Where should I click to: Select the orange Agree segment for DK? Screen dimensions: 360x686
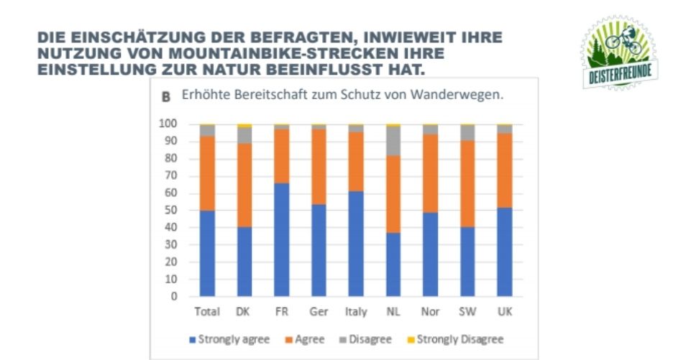point(244,185)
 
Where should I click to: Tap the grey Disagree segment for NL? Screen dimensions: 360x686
point(393,141)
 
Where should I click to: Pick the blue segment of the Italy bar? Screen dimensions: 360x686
point(356,244)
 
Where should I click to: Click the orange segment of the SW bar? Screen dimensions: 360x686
point(467,184)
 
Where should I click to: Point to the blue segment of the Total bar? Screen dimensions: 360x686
point(207,253)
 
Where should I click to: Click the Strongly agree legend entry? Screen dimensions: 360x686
point(228,339)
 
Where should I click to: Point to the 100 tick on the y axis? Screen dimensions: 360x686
point(168,124)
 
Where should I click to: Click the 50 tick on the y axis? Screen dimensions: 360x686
point(170,210)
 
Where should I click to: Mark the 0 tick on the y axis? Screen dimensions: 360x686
point(173,296)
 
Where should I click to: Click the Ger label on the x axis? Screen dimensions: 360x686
point(319,312)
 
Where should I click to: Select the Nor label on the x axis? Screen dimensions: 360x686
point(430,312)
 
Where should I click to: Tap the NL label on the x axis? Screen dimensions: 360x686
point(393,312)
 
